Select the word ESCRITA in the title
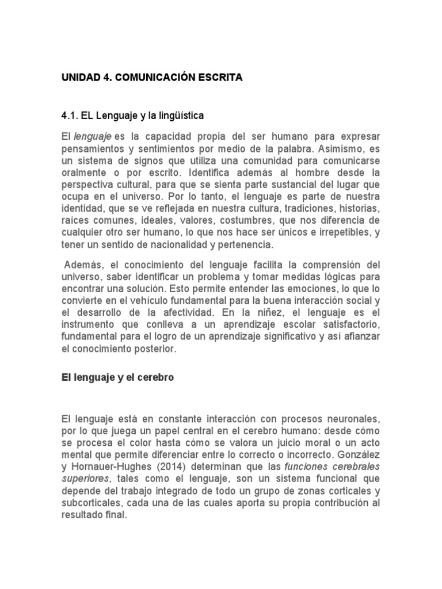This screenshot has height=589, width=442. tap(219, 78)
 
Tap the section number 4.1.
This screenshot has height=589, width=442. tap(70, 116)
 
